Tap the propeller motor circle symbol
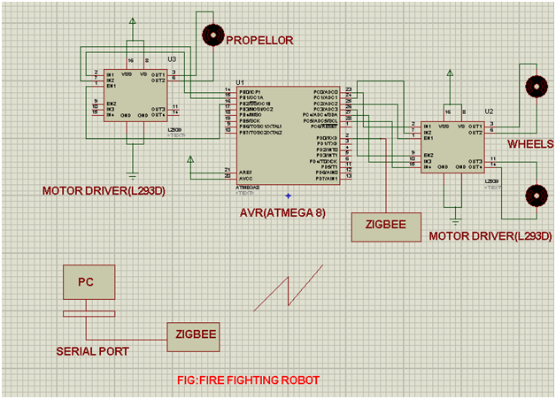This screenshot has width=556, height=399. tap(212, 35)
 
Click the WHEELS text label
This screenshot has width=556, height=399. tap(530, 143)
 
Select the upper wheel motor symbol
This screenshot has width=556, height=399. tap(535, 86)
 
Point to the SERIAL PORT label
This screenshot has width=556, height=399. tap(92, 351)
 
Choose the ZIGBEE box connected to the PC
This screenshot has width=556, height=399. tap(196, 334)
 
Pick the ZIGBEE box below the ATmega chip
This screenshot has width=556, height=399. tap(383, 226)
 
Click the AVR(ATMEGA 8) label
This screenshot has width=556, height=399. tap(283, 212)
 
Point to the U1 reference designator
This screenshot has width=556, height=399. tap(240, 81)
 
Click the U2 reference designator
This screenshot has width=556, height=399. tap(489, 112)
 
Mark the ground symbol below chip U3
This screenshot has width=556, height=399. tap(133, 173)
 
